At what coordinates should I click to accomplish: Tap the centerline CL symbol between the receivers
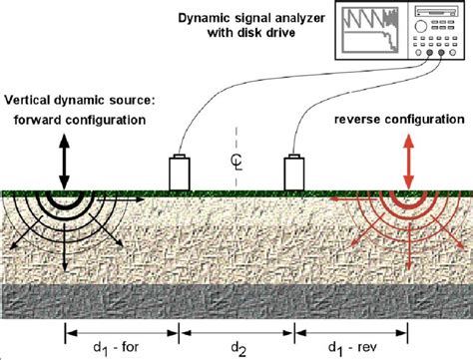click(237, 159)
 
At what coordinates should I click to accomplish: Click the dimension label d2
click(237, 346)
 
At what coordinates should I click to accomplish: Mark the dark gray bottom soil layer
click(236, 297)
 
